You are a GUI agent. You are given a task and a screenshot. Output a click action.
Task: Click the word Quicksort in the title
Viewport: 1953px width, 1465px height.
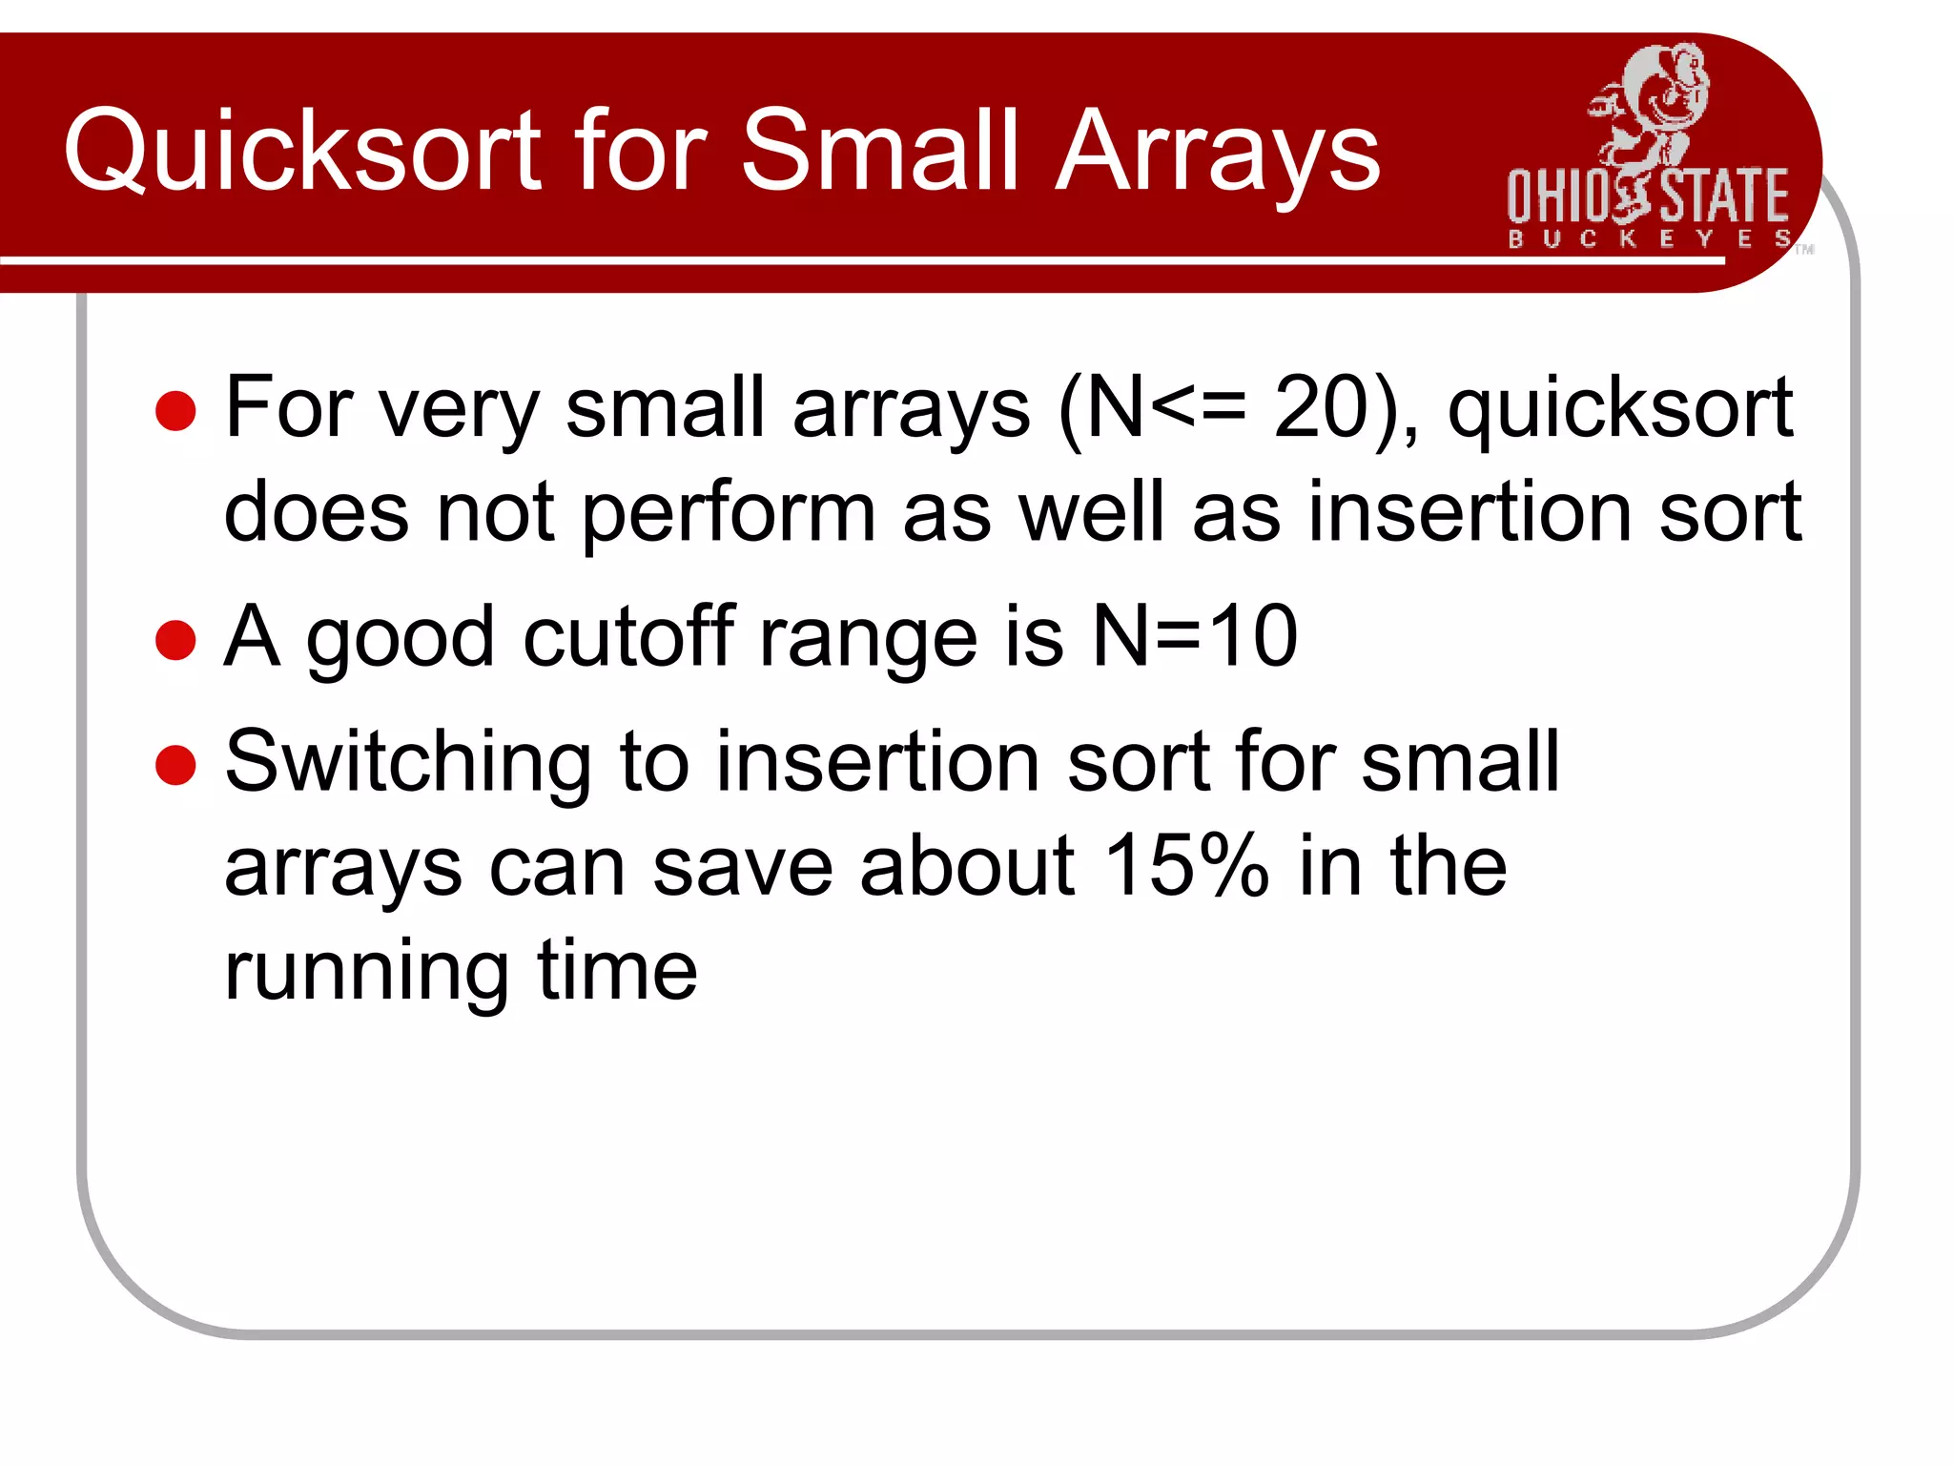pos(302,151)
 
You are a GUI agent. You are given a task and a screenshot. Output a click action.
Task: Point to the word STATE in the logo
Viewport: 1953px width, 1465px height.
pos(1724,196)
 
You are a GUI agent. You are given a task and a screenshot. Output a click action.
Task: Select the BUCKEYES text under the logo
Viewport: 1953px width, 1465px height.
pos(1649,238)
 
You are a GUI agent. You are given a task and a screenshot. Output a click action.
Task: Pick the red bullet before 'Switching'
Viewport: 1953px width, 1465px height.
pos(175,764)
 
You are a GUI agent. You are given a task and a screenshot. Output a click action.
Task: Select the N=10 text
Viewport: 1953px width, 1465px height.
pos(1194,636)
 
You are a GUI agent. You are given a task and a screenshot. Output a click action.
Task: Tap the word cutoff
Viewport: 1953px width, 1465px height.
pos(628,636)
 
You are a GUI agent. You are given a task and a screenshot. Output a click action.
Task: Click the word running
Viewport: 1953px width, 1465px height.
pos(366,973)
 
